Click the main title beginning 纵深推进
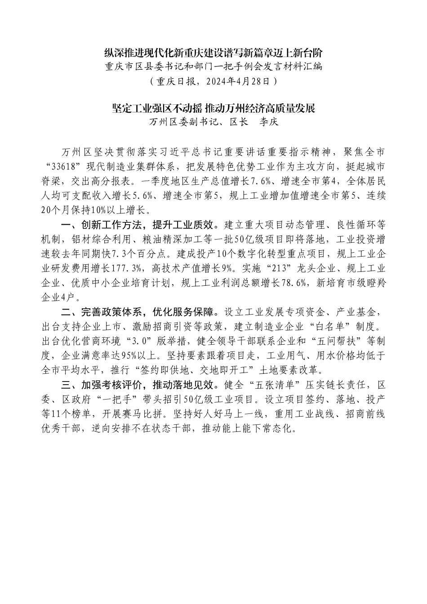[213, 53]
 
